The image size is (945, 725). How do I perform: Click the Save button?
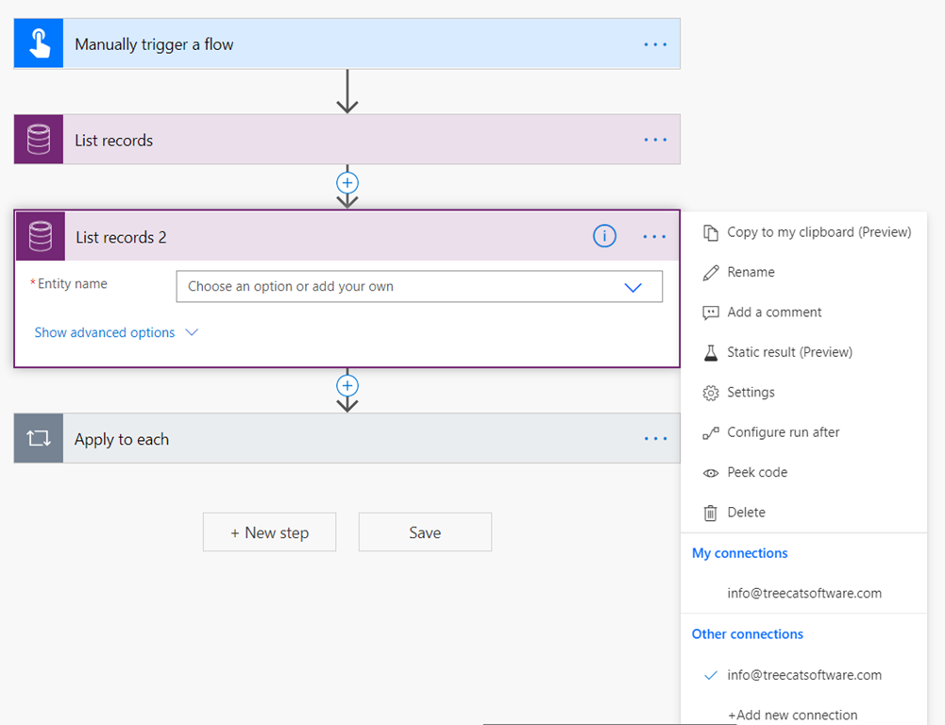pyautogui.click(x=425, y=532)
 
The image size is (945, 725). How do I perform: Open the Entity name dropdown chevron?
pyautogui.click(x=633, y=288)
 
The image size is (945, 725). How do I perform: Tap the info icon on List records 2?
pyautogui.click(x=604, y=236)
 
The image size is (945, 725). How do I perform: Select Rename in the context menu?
pyautogui.click(x=751, y=273)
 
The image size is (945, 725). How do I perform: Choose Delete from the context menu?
pyautogui.click(x=746, y=513)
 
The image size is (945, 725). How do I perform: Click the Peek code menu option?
pyautogui.click(x=757, y=473)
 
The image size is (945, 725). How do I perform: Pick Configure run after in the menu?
pyautogui.click(x=783, y=432)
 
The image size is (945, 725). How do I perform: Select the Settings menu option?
pyautogui.click(x=751, y=393)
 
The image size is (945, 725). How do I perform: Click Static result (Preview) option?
pyautogui.click(x=789, y=352)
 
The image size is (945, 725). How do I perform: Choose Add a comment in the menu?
pyautogui.click(x=774, y=312)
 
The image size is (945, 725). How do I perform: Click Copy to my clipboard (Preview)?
pyautogui.click(x=818, y=232)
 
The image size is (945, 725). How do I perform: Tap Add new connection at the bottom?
pyautogui.click(x=792, y=716)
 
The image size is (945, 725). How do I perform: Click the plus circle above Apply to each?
pyautogui.click(x=347, y=386)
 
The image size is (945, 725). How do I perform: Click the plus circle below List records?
pyautogui.click(x=347, y=182)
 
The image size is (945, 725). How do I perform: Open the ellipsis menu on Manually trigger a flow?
pyautogui.click(x=655, y=44)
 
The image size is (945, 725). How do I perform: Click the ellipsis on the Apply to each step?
pyautogui.click(x=655, y=439)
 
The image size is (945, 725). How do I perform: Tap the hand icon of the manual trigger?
pyautogui.click(x=39, y=43)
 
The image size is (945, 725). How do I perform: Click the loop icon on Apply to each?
pyautogui.click(x=39, y=438)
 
